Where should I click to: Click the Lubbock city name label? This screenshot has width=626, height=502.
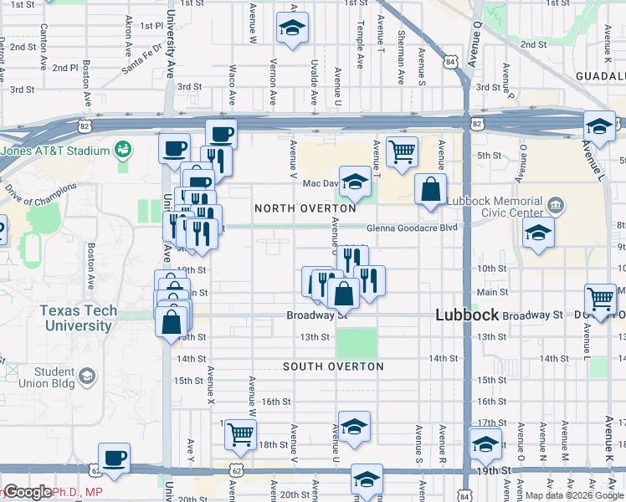[468, 315]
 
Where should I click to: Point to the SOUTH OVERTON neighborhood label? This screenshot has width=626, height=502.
[333, 366]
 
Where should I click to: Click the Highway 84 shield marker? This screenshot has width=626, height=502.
[451, 62]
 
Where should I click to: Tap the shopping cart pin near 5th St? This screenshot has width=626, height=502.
[402, 153]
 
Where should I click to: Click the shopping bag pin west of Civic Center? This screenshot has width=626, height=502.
[430, 190]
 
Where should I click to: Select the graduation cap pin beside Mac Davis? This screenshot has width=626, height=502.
[355, 182]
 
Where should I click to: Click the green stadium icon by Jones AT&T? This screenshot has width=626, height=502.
[124, 150]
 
